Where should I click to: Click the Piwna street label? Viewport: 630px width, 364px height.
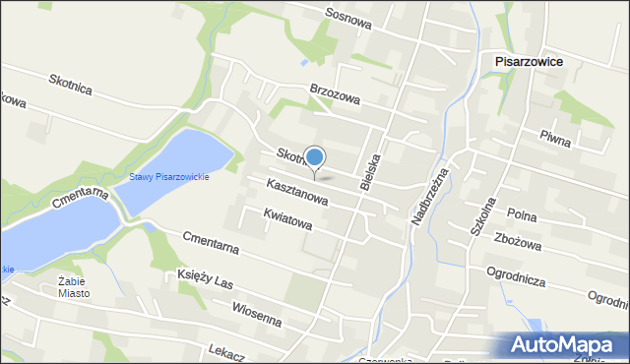pyautogui.click(x=555, y=141)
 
